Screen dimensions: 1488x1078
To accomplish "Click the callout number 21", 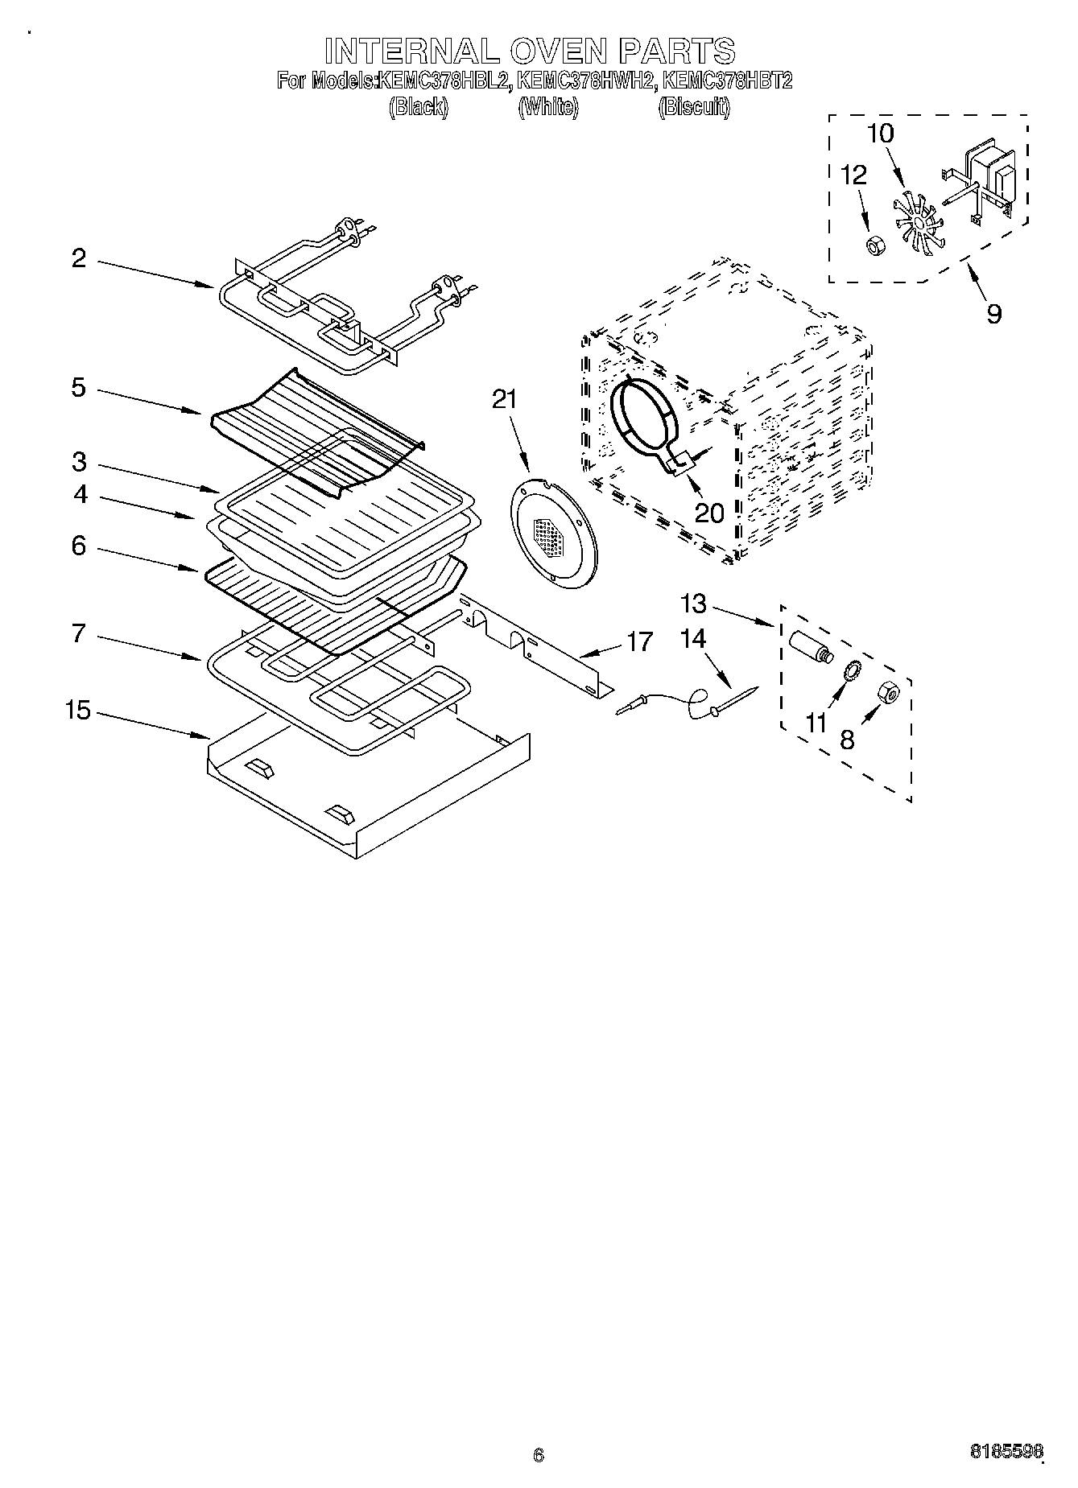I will click(504, 399).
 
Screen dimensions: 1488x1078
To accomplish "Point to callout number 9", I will click(993, 313).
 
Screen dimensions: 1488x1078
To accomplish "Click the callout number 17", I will click(640, 642).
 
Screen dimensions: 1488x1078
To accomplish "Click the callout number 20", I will click(708, 513).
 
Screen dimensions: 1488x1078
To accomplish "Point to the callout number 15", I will click(78, 711).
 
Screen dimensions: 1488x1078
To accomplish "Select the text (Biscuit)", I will click(694, 107).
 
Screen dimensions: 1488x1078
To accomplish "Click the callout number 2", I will click(78, 258).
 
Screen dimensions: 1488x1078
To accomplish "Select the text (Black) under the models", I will click(419, 107).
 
